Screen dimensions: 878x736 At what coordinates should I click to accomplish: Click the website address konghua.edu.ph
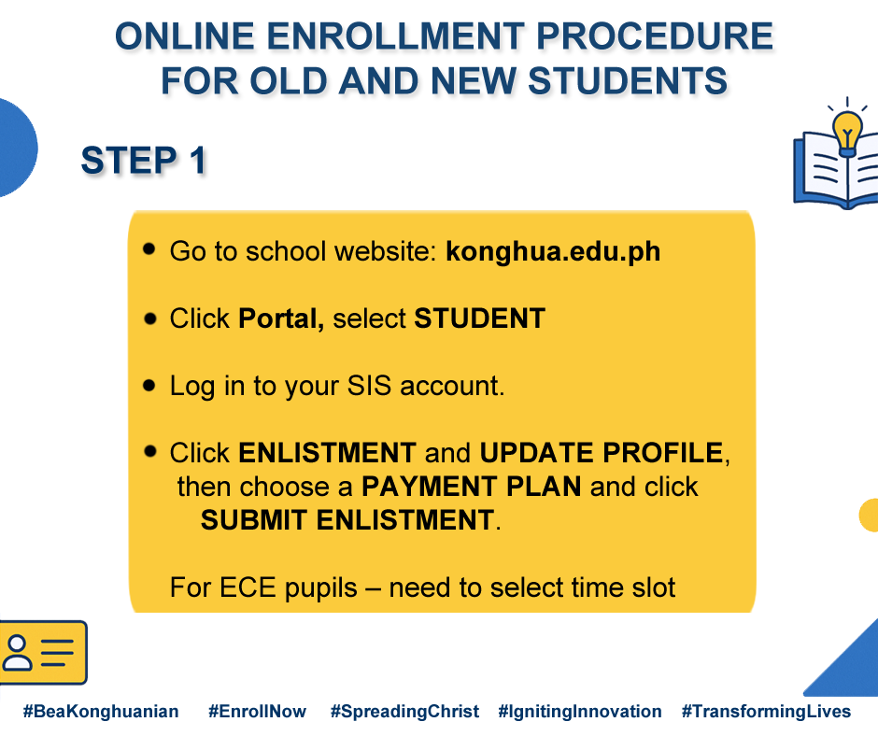(x=553, y=251)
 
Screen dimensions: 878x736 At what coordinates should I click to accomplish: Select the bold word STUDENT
(x=479, y=318)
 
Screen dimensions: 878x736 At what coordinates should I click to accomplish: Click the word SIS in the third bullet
(x=369, y=386)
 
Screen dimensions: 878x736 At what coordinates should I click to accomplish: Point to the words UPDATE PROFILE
(x=602, y=453)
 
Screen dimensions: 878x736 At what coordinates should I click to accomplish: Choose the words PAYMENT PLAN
(x=472, y=487)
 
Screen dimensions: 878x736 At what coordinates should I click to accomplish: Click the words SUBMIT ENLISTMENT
(x=347, y=520)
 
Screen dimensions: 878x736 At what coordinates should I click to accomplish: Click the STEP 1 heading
(x=143, y=161)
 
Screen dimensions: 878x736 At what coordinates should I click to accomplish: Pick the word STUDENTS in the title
(x=628, y=80)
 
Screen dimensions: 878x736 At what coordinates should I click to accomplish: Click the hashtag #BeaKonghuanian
(x=101, y=712)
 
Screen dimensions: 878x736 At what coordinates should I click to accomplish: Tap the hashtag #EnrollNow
(x=257, y=712)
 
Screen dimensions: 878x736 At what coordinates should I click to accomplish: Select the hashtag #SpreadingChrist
(x=404, y=712)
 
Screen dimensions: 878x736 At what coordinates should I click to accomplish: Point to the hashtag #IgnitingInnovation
(x=579, y=712)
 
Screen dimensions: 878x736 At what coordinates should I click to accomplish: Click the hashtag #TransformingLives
(x=766, y=712)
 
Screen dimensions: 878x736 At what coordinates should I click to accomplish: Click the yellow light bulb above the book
(x=846, y=134)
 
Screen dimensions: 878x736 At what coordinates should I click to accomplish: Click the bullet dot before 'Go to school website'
(x=149, y=248)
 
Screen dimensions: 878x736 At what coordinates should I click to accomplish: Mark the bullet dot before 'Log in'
(x=149, y=386)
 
